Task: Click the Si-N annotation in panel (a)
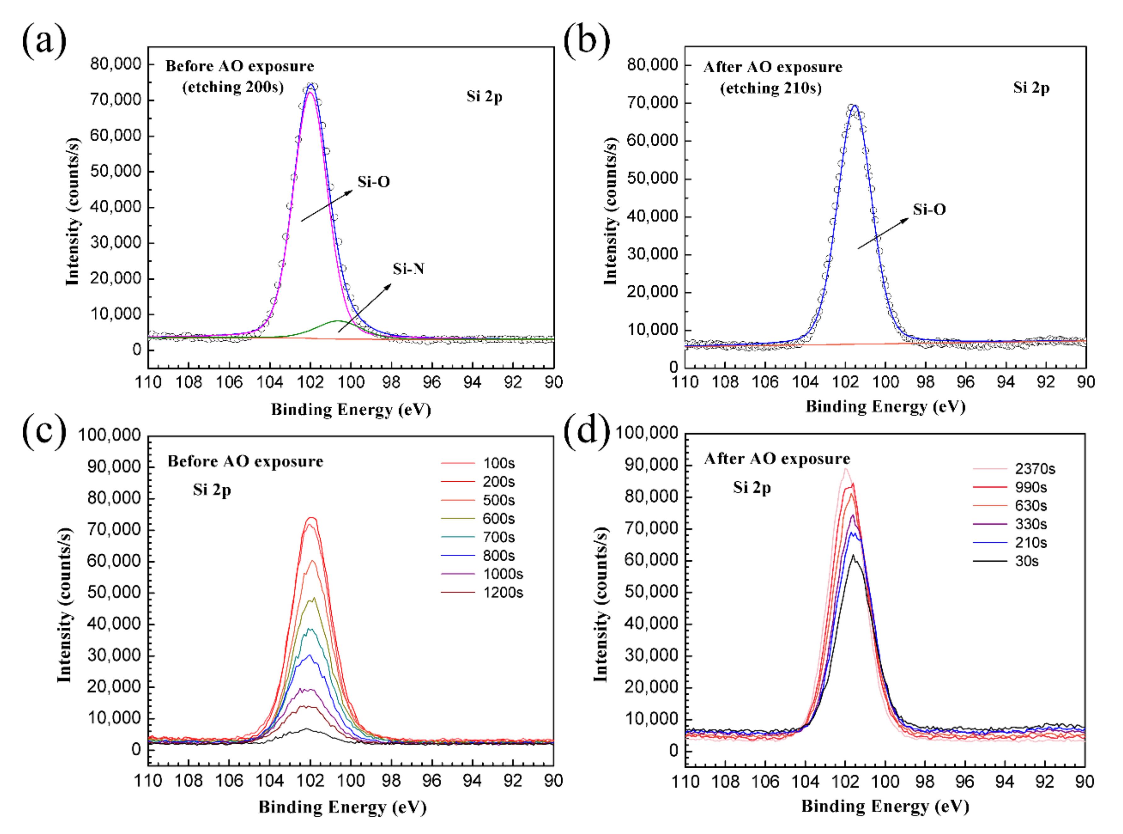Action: point(408,269)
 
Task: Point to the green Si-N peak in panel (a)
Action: point(337,322)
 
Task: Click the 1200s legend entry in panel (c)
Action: point(503,592)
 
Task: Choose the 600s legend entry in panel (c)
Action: point(498,518)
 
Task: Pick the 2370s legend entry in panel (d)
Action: point(1035,469)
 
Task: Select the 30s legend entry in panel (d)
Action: point(1026,561)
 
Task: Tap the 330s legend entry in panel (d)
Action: point(1030,524)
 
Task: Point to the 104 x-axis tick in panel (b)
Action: point(805,382)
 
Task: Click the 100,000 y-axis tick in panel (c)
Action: point(109,435)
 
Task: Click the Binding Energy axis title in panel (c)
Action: point(342,807)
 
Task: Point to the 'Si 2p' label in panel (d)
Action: point(752,487)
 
